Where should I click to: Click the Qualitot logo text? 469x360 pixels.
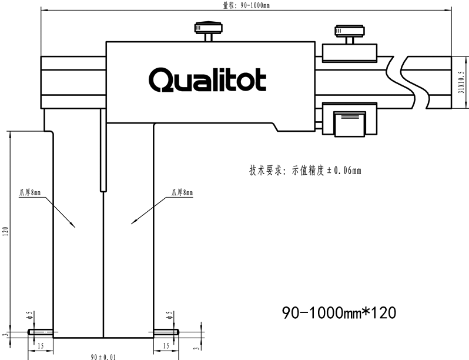coord(207,79)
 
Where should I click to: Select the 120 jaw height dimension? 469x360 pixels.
coord(5,231)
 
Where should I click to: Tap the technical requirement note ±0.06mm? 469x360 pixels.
coord(305,171)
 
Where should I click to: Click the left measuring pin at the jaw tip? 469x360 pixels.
coord(41,332)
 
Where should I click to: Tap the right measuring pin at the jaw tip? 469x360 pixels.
coord(166,332)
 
